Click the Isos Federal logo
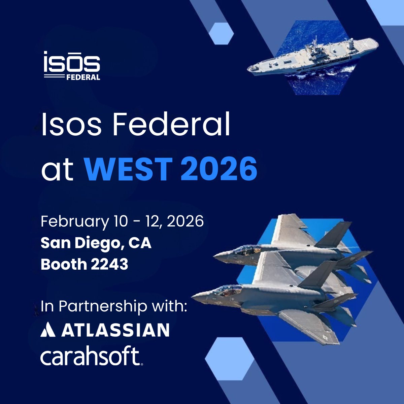pyautogui.click(x=72, y=66)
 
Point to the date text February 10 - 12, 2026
pyautogui.click(x=122, y=222)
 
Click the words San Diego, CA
pyautogui.click(x=96, y=243)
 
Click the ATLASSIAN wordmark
pyautogui.click(x=115, y=330)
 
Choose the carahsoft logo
pyautogui.click(x=91, y=357)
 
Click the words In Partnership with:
pyautogui.click(x=114, y=306)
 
